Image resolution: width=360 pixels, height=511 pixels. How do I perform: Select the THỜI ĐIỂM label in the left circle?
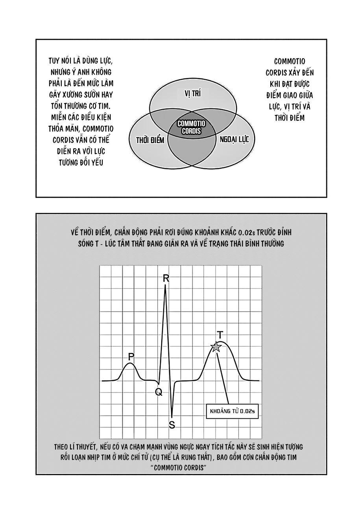[150, 140]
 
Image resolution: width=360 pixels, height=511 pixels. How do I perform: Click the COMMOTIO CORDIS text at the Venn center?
[192, 127]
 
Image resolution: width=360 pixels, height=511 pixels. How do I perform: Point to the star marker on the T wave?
[216, 347]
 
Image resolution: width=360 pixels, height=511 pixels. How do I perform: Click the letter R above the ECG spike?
[166, 278]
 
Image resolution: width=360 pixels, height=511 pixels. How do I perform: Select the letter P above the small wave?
[131, 357]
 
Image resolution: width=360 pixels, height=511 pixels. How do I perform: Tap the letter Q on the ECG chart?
[159, 392]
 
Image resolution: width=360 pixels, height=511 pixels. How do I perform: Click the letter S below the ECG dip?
[172, 425]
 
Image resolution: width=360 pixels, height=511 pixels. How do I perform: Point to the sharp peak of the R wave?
[165, 286]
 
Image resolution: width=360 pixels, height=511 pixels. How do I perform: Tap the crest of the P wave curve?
[130, 364]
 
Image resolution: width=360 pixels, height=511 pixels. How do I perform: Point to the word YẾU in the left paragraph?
[97, 162]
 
